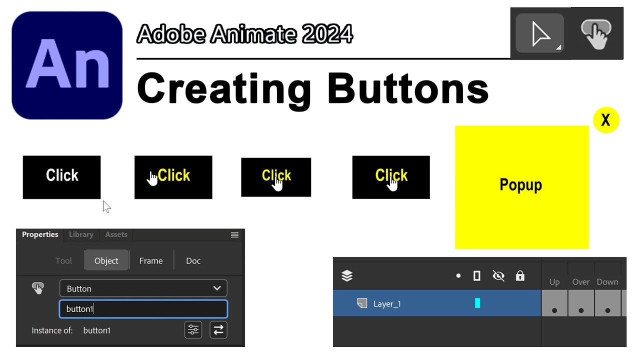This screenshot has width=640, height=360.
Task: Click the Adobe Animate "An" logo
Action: coord(67,65)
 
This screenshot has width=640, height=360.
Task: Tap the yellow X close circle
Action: coord(606,120)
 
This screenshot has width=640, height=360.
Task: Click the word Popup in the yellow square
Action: coord(520,185)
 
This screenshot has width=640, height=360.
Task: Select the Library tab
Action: coord(81,234)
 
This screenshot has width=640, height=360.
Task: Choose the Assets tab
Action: coord(116,234)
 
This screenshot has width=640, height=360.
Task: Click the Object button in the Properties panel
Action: coord(106,260)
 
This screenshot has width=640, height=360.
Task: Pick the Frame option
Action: coord(151,261)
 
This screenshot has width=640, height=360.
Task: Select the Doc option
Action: coord(193,261)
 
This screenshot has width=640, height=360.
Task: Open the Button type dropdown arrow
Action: coord(217,288)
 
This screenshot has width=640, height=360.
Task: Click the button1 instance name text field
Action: coord(143,309)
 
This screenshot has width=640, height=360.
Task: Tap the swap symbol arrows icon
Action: coord(218,330)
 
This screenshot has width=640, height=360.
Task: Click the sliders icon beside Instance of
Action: coord(193,330)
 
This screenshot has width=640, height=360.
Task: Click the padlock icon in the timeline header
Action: coord(520,275)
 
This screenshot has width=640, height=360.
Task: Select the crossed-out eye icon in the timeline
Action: coord(498,276)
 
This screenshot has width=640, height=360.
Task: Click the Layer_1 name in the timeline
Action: coord(387,303)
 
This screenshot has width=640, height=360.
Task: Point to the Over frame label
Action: coord(581,282)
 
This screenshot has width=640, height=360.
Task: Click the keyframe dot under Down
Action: coord(607,310)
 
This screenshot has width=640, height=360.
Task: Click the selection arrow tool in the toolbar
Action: coord(539,33)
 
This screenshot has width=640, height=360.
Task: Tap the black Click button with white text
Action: coord(61,177)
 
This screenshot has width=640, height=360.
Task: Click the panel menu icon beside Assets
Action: coord(234,235)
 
